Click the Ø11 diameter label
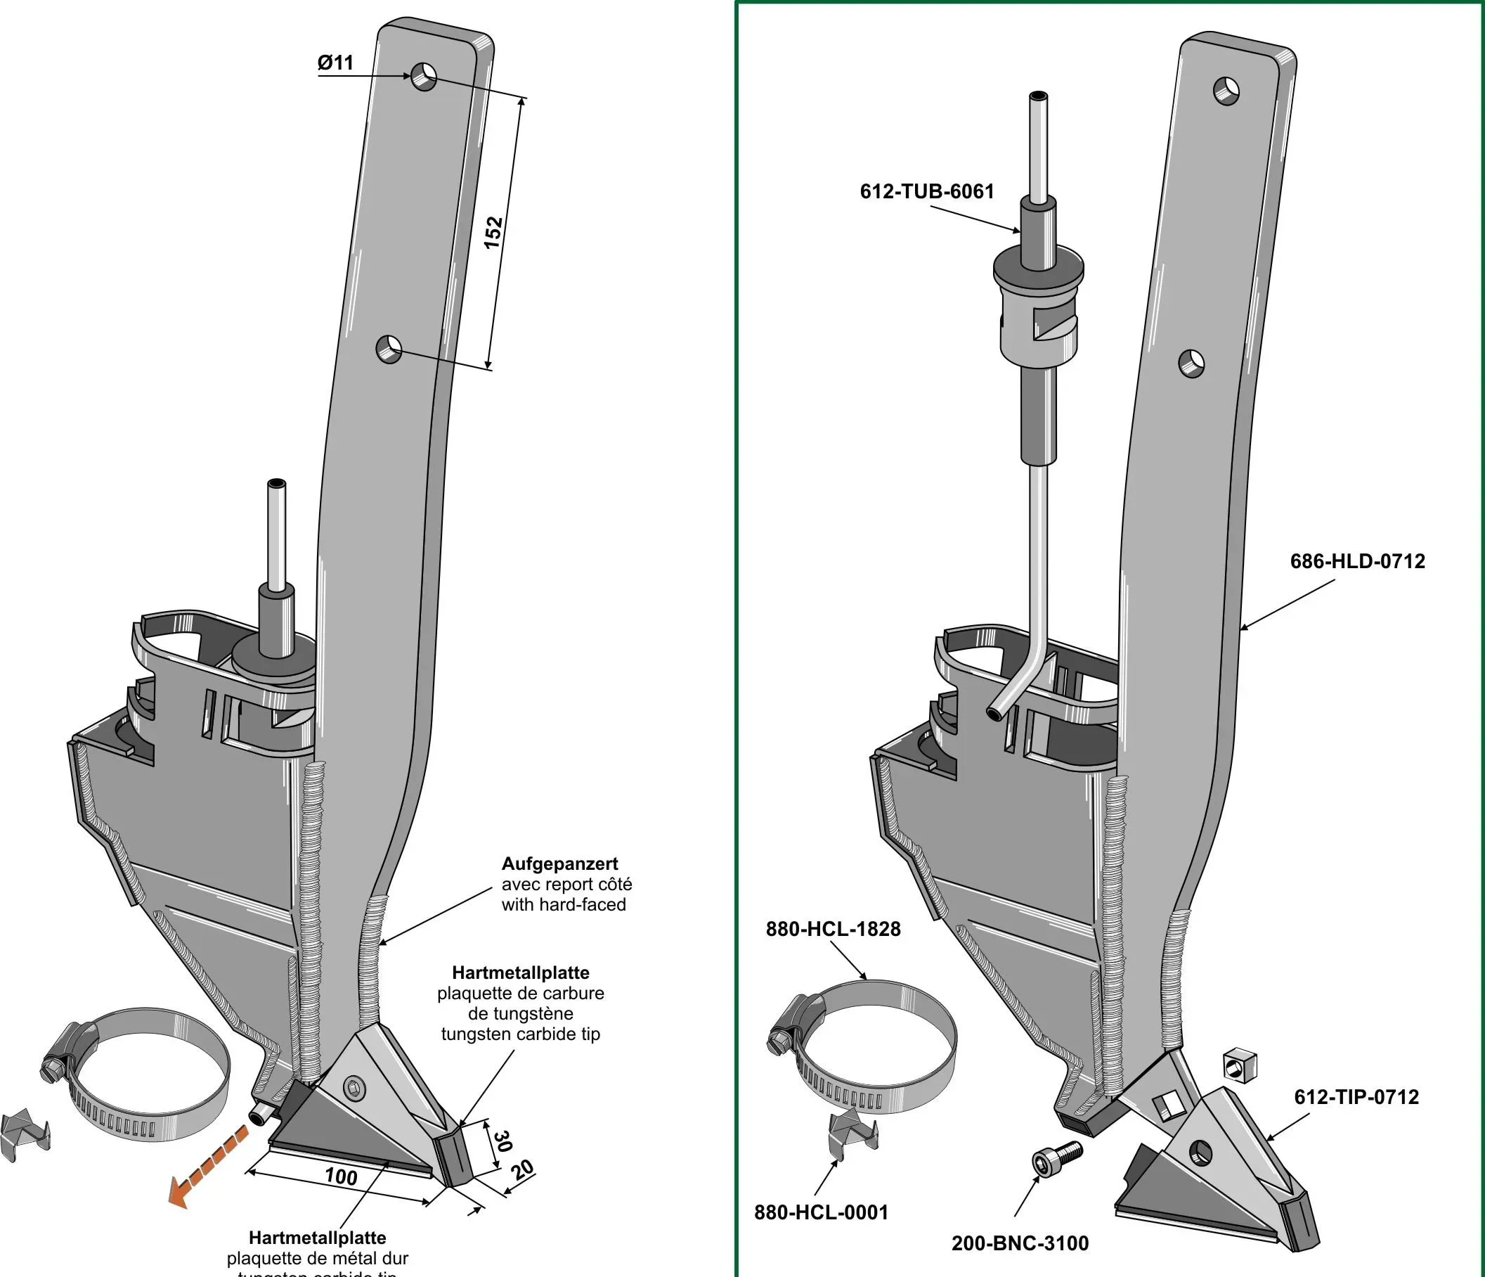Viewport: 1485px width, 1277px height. pyautogui.click(x=335, y=63)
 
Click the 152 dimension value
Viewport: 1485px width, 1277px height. pyautogui.click(x=494, y=231)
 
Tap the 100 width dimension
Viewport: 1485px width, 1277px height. pyautogui.click(x=341, y=1176)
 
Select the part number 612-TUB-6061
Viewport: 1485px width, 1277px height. pyautogui.click(x=927, y=191)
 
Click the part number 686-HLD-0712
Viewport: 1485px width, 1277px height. pyautogui.click(x=1357, y=560)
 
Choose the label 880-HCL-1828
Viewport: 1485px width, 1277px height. pyautogui.click(x=833, y=929)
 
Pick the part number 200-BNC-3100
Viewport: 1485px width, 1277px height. pyautogui.click(x=1020, y=1243)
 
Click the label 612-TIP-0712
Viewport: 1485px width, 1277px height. pyautogui.click(x=1356, y=1097)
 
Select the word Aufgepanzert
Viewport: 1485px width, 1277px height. pyautogui.click(x=559, y=864)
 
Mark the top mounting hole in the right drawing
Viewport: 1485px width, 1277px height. pyautogui.click(x=1227, y=90)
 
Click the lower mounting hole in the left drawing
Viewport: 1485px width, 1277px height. pyautogui.click(x=389, y=349)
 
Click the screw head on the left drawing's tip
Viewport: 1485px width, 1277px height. pyautogui.click(x=354, y=1088)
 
